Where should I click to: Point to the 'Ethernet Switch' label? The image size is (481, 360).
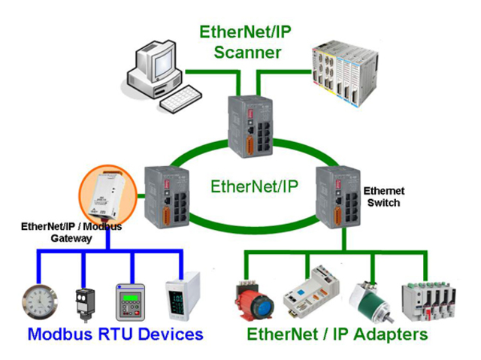[x=385, y=197]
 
